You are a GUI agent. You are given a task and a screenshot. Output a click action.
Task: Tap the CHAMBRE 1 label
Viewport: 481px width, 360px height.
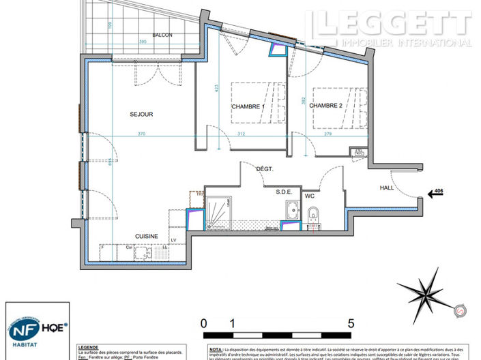[247, 107]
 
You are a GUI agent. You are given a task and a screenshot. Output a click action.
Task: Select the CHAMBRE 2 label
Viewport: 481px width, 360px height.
[325, 106]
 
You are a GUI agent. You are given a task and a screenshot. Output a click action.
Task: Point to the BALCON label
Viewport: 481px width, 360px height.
[162, 35]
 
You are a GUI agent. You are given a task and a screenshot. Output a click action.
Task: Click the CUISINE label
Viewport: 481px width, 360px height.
[147, 236]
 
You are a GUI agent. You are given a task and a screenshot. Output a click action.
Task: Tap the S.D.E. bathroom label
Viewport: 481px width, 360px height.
[285, 192]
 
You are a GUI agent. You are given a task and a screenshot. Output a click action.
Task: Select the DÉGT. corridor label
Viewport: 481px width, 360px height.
[265, 168]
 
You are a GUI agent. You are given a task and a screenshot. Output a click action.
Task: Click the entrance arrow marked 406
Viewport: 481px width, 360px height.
[435, 194]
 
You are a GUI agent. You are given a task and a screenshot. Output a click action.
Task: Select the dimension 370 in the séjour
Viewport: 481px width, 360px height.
[141, 134]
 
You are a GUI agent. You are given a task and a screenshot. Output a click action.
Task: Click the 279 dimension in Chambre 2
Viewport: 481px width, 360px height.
[327, 134]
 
